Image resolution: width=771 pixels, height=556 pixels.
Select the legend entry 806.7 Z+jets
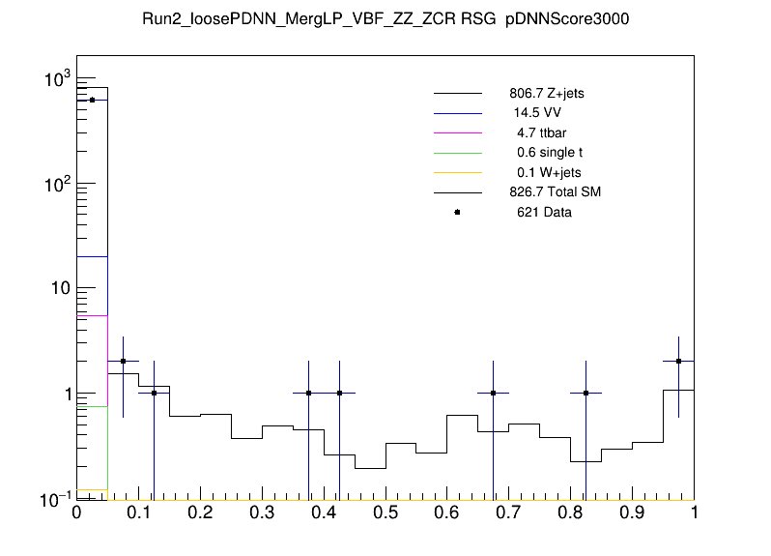[x=546, y=94]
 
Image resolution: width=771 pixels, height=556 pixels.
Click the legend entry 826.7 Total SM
[x=555, y=192]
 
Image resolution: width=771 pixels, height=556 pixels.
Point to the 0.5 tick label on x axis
[x=385, y=514]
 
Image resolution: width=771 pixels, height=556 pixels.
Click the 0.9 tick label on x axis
[x=632, y=514]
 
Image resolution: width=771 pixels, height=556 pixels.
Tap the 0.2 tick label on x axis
[x=200, y=514]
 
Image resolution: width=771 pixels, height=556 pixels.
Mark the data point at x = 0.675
[x=493, y=393]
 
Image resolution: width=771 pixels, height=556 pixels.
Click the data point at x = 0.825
[x=585, y=393]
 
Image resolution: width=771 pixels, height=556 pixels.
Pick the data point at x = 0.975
[x=678, y=361]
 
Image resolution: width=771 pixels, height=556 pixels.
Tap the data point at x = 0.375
[x=308, y=393]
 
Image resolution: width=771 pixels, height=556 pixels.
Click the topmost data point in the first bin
[x=93, y=100]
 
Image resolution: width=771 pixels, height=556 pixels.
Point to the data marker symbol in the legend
[x=457, y=212]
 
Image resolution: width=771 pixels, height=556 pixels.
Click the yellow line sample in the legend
[x=457, y=172]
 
